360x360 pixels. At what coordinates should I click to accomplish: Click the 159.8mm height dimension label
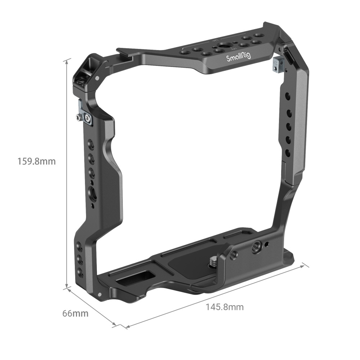click(37, 161)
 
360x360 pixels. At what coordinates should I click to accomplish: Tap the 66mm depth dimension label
click(75, 313)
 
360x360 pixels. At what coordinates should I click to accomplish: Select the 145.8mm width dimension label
click(225, 307)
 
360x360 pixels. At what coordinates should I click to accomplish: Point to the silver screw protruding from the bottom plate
click(212, 261)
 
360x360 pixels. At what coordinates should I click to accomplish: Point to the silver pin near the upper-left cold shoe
click(97, 78)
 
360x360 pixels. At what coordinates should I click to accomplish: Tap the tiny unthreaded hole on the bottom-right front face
click(267, 244)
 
